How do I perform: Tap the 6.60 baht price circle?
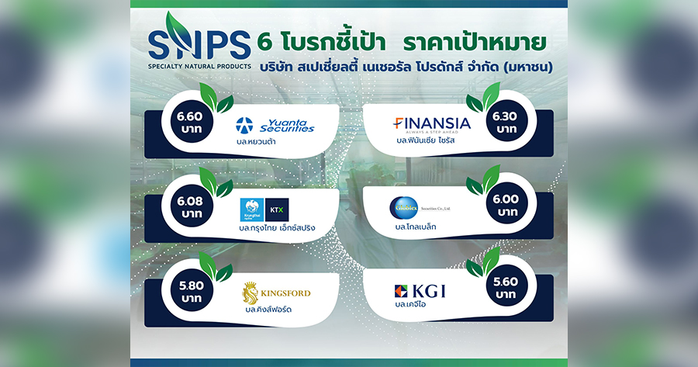pos(189,123)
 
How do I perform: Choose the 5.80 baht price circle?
pos(189,292)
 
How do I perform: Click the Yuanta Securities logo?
pos(275,124)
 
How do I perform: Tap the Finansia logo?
pos(431,123)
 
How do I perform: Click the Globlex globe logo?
pos(404,208)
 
